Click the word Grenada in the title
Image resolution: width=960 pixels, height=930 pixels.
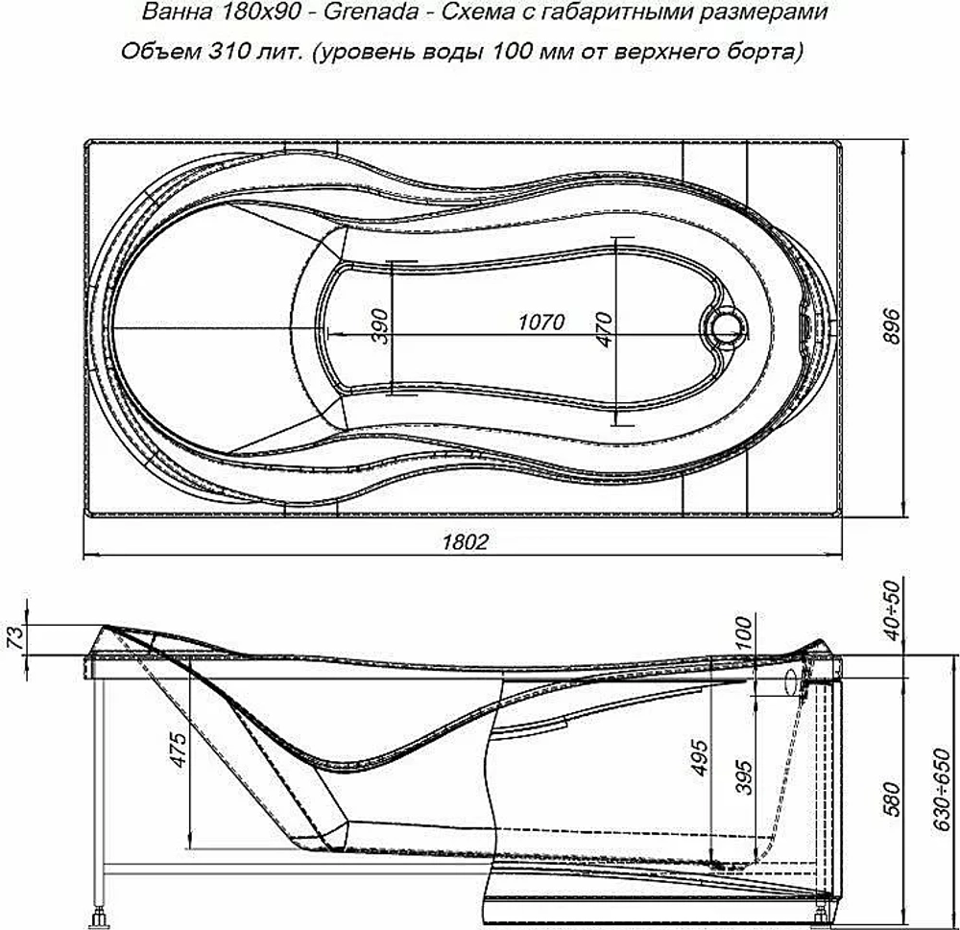371,12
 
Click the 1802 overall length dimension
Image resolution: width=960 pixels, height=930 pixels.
466,542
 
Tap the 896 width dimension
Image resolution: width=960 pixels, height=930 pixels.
893,326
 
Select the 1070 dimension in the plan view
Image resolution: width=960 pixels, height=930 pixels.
541,322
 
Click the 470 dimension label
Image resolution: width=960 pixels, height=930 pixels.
604,329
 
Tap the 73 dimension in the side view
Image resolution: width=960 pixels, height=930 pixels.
17,637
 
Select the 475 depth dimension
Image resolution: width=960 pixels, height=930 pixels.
179,750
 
